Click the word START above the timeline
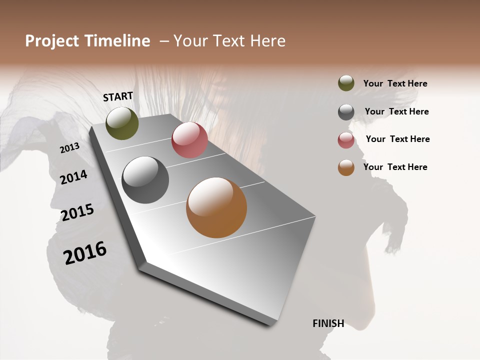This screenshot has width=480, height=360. pos(118,96)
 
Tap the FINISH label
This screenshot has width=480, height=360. pos(328,323)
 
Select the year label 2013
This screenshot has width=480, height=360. pos(69,148)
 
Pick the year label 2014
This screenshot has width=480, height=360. pos(73,177)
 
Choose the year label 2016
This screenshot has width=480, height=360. pos(85,252)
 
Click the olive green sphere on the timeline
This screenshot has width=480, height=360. pos(122,123)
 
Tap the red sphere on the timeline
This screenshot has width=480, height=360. pos(189,140)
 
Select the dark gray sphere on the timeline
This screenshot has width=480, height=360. pos(145,180)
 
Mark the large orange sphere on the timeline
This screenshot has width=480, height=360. pos(216,207)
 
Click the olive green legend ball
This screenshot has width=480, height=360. pos(346,83)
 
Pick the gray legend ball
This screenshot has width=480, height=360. pos(346,112)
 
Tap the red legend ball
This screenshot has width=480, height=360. pos(346,140)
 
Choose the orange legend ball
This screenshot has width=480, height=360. pos(346,167)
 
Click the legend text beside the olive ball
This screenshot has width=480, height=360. pos(395,83)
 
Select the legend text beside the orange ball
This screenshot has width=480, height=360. pos(395,167)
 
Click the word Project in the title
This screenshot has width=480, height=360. pos(52,41)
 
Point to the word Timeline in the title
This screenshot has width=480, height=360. pos(117,41)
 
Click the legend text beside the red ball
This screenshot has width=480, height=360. pos(397,139)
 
